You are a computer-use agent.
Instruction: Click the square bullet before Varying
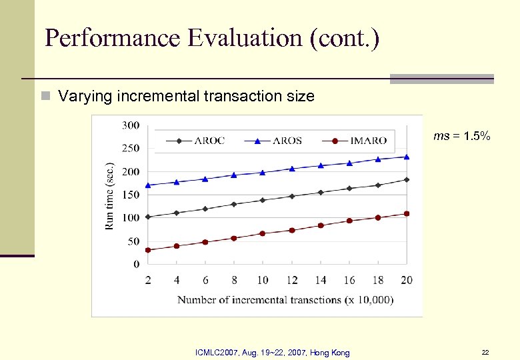pos(45,97)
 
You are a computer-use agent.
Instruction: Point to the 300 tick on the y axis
pos(131,125)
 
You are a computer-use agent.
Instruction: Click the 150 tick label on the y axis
pos(131,195)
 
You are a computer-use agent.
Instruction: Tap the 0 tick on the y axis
pos(136,265)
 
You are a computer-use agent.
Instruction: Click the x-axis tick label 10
pos(262,280)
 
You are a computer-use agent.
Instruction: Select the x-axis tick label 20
pos(406,280)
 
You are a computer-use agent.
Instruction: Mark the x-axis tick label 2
pos(148,280)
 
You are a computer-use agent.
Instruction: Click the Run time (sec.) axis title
pos(110,195)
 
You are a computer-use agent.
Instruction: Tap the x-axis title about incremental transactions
pos(285,300)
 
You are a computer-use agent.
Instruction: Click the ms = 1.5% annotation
pos(461,136)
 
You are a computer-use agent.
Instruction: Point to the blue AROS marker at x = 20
pos(407,157)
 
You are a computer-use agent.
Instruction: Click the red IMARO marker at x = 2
pos(148,250)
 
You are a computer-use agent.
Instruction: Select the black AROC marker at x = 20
pos(407,179)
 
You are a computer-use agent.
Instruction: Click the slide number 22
pos(485,352)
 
